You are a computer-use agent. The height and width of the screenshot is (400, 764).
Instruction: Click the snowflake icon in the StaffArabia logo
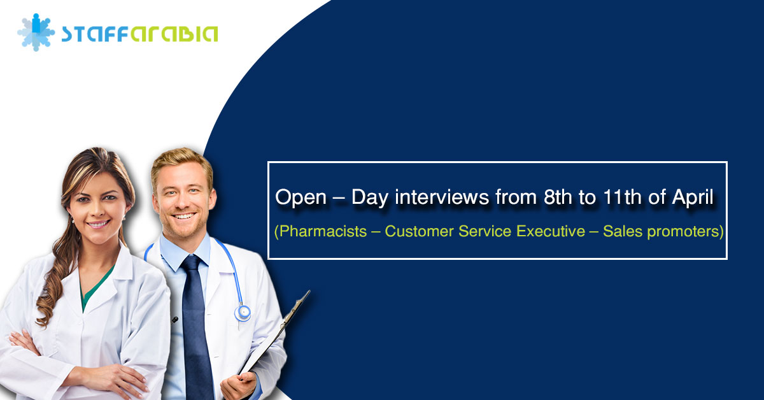[36, 32]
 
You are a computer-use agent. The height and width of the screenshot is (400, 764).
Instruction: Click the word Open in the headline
[301, 197]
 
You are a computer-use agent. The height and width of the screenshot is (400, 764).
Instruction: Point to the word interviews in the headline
[442, 197]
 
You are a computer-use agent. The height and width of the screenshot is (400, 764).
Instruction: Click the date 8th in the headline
[557, 197]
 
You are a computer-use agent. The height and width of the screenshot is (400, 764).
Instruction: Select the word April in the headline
[692, 197]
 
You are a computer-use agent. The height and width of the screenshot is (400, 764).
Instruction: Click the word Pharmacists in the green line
[323, 231]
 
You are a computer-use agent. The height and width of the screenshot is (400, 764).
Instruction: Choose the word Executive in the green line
[551, 231]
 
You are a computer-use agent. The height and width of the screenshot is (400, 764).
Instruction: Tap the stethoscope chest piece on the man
[243, 313]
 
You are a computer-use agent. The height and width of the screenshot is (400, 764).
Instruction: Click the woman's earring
[124, 217]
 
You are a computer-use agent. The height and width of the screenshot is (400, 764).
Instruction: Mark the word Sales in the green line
[623, 231]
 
